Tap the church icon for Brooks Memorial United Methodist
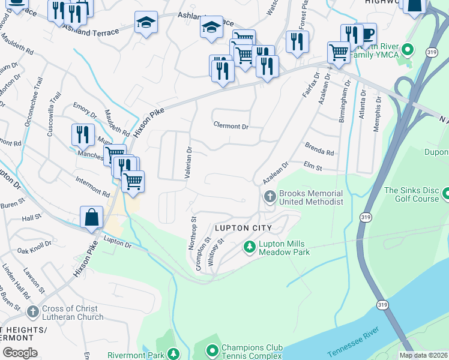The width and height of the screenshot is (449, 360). [270, 196]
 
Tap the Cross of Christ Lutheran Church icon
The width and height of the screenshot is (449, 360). [34, 311]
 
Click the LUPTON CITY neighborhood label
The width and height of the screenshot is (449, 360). [244, 228]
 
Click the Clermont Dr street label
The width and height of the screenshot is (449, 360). [231, 127]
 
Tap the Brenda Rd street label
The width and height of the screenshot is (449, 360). [319, 148]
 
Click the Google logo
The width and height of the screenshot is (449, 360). [20, 353]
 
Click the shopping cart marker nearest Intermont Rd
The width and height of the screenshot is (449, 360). [133, 180]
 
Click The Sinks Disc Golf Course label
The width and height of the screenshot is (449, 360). [412, 194]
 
